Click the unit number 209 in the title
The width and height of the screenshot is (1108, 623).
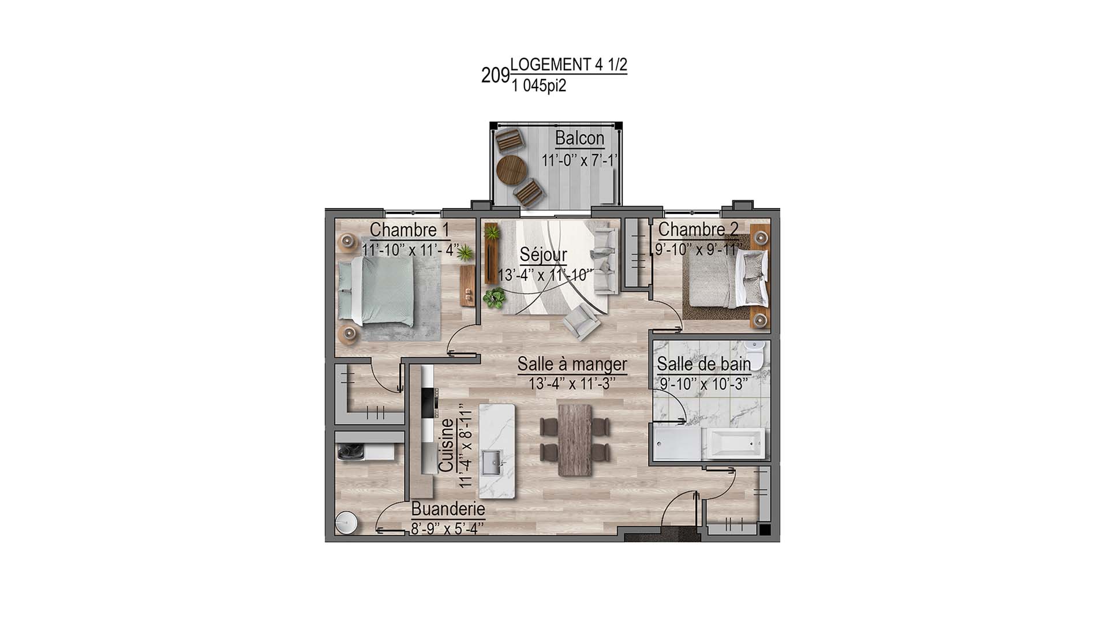tap(495, 76)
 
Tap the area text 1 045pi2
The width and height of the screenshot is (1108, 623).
tap(538, 87)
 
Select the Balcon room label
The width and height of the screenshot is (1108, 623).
tap(579, 138)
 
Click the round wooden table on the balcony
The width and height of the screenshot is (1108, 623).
tap(511, 170)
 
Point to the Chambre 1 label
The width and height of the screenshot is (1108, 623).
tap(409, 230)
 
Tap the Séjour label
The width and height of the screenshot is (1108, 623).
tap(543, 254)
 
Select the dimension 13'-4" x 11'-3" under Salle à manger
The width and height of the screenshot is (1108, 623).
tap(572, 384)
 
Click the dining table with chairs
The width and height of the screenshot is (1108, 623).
tap(575, 440)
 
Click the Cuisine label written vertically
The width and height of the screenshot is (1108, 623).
tap(447, 445)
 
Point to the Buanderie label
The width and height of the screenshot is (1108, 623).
tap(448, 509)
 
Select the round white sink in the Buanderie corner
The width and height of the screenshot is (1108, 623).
tap(347, 524)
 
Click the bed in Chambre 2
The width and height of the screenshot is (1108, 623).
tap(725, 279)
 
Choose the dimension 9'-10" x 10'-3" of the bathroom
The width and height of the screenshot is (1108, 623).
tap(703, 384)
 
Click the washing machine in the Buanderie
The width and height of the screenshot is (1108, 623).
tap(350, 450)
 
